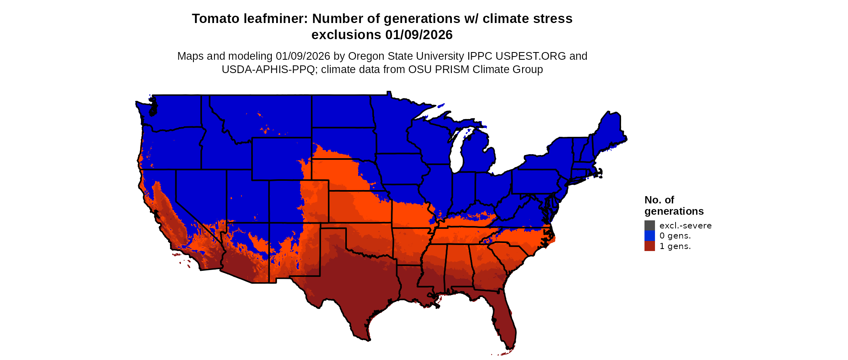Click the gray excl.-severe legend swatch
pyautogui.click(x=649, y=225)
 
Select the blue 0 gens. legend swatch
pyautogui.click(x=649, y=236)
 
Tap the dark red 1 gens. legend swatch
pyautogui.click(x=649, y=246)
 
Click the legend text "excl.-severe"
pyautogui.click(x=685, y=226)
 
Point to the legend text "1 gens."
pyautogui.click(x=675, y=246)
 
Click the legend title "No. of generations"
pyautogui.click(x=674, y=205)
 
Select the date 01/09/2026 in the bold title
pyautogui.click(x=419, y=35)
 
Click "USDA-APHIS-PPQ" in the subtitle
pyautogui.click(x=268, y=69)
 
